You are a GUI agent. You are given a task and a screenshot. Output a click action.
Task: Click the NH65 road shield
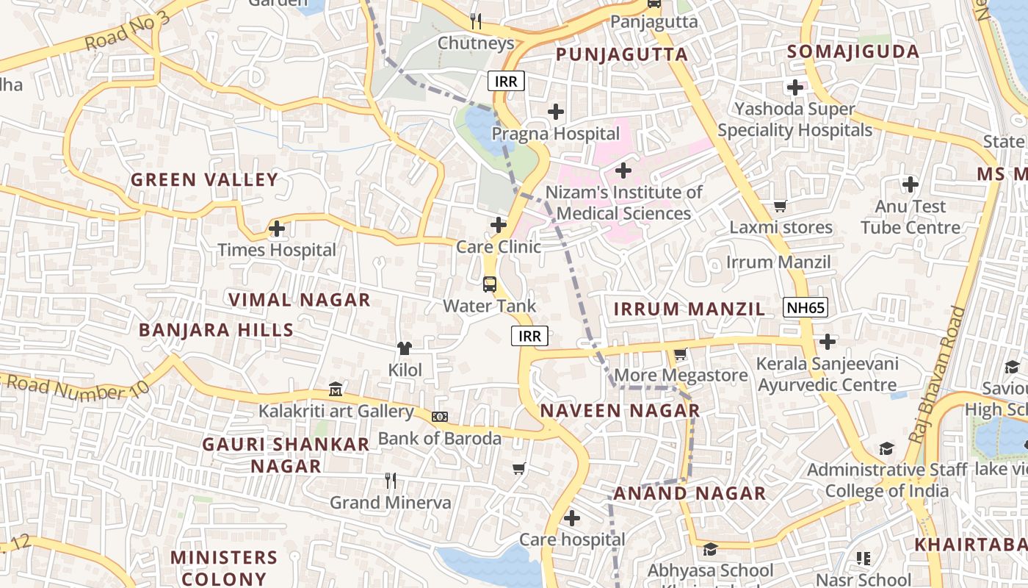coord(805,307)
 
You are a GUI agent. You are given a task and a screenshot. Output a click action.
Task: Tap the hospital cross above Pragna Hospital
coord(556,112)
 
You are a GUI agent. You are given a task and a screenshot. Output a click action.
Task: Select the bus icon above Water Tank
coord(489,284)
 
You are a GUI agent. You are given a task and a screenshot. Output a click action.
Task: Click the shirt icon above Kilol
coord(405,348)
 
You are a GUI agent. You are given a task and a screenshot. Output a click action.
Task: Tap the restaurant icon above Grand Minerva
coord(391,481)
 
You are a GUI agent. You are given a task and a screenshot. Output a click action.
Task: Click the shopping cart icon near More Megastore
coord(681,354)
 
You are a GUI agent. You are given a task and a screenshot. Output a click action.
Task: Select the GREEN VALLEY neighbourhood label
coord(204,180)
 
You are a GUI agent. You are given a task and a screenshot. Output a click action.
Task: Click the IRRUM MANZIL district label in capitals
coord(689,309)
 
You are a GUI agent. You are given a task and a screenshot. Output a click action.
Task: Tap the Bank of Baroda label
coord(439,439)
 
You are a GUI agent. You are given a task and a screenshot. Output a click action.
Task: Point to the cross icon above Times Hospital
coord(277,229)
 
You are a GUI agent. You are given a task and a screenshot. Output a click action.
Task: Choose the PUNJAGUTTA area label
coord(622,54)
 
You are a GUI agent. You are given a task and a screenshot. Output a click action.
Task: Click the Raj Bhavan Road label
coord(938,375)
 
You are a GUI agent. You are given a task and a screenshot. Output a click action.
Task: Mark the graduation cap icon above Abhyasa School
coord(710,549)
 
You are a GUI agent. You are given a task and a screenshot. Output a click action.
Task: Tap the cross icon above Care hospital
coord(572,518)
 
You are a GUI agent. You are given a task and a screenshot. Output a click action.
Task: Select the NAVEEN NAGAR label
coord(620,411)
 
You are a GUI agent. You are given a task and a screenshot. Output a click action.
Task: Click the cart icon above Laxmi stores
coord(780,207)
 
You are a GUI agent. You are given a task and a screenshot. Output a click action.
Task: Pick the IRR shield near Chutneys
coord(506,81)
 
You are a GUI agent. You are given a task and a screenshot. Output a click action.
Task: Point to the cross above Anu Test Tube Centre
coord(911,184)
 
